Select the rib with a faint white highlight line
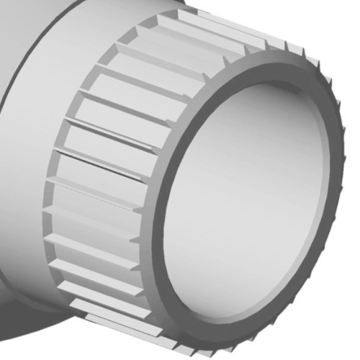[94, 194]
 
